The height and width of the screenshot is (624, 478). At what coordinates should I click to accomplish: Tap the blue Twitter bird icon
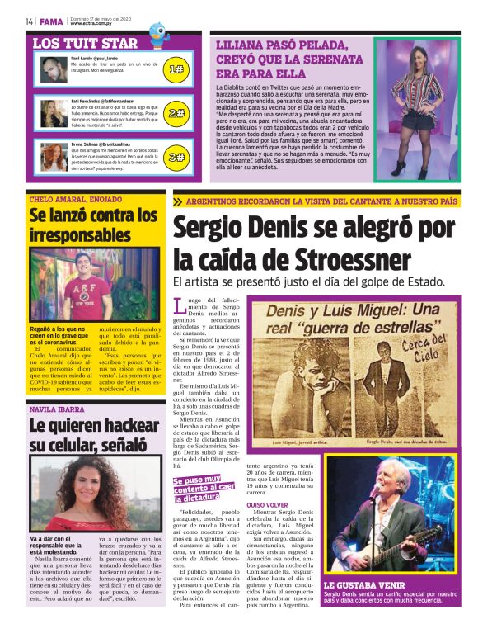(157, 35)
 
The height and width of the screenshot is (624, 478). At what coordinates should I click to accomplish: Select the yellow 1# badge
(176, 69)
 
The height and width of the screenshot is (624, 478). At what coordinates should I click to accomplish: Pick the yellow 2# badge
(176, 113)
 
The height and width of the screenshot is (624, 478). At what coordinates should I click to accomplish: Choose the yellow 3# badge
(176, 156)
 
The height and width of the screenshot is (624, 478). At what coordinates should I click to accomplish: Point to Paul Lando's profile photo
(54, 69)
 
